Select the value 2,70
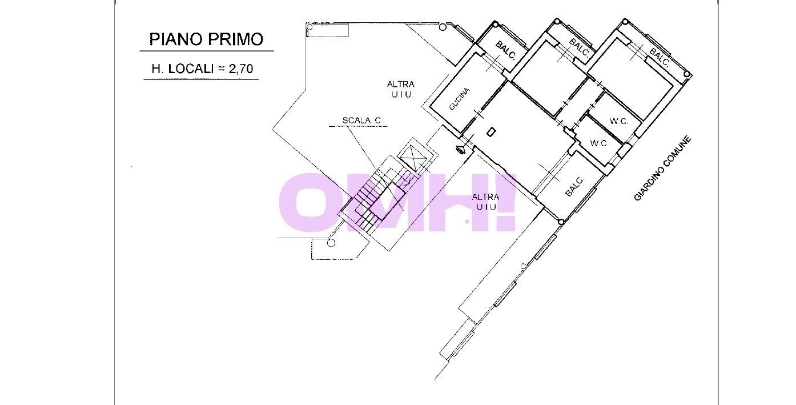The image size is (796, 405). tap(240, 69)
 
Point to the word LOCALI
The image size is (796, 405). tap(191, 69)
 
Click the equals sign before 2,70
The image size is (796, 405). tap(222, 69)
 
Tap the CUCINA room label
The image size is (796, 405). tap(459, 99)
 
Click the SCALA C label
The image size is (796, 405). tap(361, 121)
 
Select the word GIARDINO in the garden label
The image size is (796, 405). tap(649, 183)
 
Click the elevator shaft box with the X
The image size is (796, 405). tap(413, 157)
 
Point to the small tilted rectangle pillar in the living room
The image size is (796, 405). tap(491, 133)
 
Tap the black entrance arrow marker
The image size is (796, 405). tap(461, 150)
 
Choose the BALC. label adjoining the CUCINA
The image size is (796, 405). tap(505, 50)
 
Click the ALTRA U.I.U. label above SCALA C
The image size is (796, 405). tap(401, 90)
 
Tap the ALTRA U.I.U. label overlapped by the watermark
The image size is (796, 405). tap(485, 202)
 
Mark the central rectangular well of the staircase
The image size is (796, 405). tap(387, 201)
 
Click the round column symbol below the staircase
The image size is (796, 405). tap(331, 243)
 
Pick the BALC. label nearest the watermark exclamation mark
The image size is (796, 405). tap(574, 186)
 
